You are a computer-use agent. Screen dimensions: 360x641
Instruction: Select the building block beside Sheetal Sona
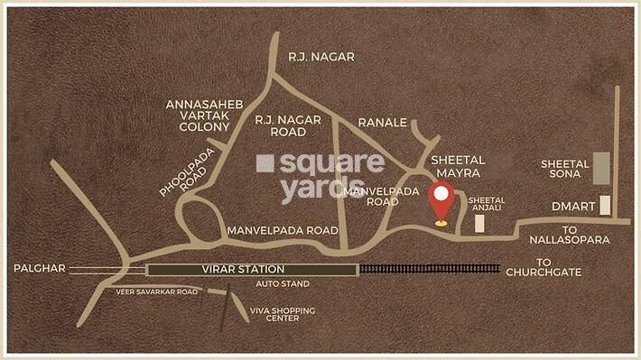coord(601,168)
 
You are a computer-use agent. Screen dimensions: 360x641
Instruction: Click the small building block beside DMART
coord(605,205)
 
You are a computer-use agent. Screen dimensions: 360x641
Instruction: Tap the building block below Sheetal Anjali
coord(480,224)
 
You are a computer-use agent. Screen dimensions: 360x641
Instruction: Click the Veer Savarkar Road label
coord(155,292)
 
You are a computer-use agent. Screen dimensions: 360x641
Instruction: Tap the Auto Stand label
coord(283,284)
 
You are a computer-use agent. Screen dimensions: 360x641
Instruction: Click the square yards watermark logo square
coord(265,163)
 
